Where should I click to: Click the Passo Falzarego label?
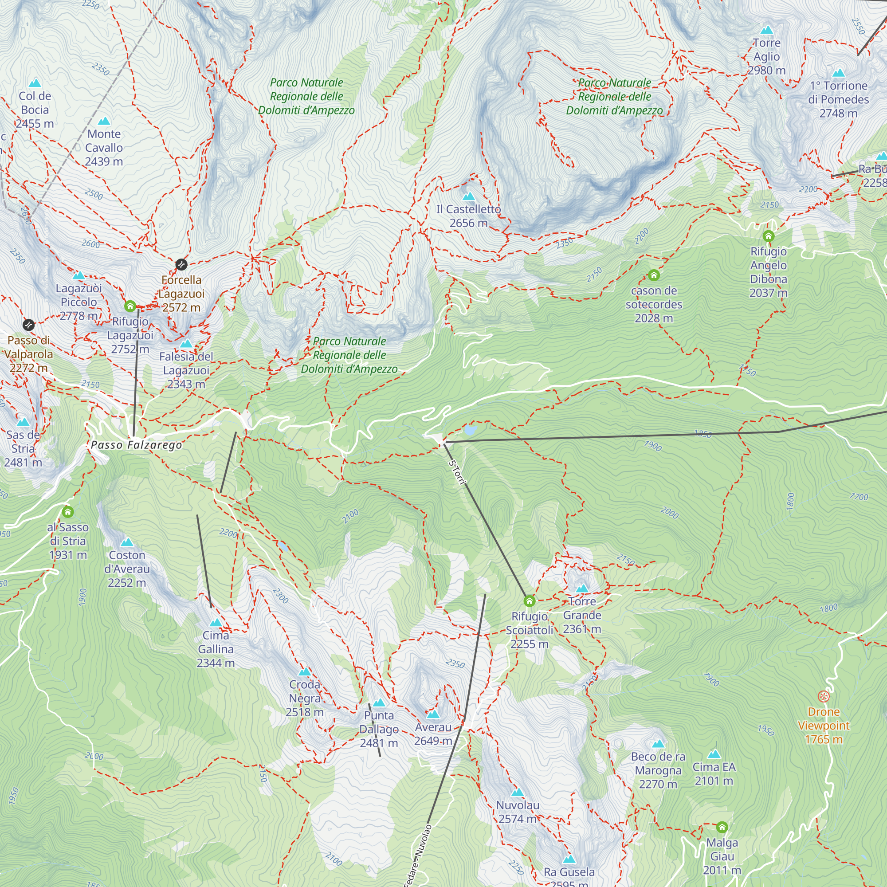[136, 445]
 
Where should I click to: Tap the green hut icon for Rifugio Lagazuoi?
[130, 306]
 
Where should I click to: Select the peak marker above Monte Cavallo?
[104, 121]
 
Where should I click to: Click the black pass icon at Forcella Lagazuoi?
[181, 264]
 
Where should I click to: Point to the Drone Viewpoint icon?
[824, 696]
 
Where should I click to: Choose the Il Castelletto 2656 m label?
[468, 216]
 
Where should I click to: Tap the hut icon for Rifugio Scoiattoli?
[530, 601]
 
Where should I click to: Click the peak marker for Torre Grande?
[582, 588]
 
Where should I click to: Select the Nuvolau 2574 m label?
[518, 812]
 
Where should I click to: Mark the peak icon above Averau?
[433, 714]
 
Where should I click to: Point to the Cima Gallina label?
[216, 649]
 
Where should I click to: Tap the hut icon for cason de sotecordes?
[654, 275]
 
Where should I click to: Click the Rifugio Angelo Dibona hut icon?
[769, 236]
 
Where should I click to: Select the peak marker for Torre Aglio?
[767, 30]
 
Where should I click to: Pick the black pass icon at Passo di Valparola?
[28, 325]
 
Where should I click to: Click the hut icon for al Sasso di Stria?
[68, 512]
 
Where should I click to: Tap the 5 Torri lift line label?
[457, 472]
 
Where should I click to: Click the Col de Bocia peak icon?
[35, 83]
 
